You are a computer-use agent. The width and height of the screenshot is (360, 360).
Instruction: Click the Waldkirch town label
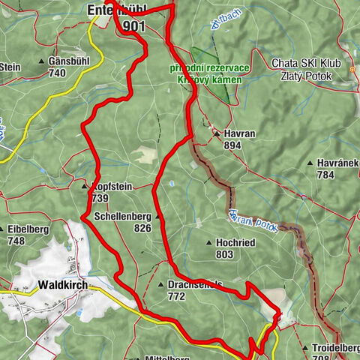pos(61,286)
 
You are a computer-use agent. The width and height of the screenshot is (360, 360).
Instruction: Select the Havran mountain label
pos(241,133)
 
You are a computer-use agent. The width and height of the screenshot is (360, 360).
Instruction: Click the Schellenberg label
pos(123,217)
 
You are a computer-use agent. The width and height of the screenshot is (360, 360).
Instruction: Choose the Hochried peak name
pos(237,244)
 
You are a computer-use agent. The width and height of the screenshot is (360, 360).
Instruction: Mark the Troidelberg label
pos(334,349)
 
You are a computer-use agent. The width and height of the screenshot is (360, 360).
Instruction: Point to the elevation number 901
pos(134,26)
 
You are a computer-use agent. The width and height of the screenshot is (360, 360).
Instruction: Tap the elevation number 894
pos(232,145)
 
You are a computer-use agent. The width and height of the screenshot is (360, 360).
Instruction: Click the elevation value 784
pos(325,175)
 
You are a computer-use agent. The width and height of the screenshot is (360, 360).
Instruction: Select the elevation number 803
pos(225,255)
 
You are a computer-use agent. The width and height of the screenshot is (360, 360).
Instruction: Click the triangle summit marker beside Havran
pos(217,133)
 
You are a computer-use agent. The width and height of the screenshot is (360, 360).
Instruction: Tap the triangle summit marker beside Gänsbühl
pos(41,61)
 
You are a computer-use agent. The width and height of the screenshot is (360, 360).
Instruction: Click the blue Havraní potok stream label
pos(254,219)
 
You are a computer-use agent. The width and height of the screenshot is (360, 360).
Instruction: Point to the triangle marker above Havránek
pos(310,162)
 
